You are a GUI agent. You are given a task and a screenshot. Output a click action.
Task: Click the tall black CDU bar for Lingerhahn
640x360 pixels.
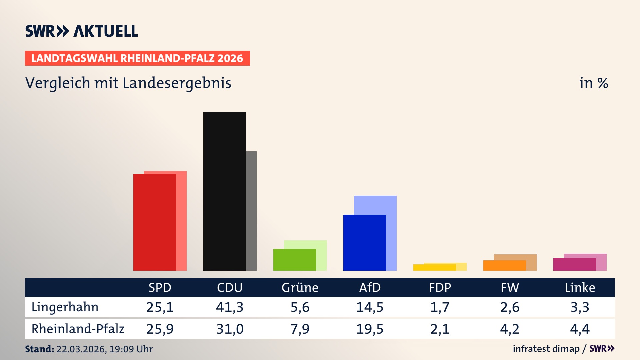(224, 191)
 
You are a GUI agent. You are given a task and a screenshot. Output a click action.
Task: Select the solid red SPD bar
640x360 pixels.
(154, 222)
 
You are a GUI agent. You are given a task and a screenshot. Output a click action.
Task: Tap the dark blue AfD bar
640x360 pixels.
(364, 242)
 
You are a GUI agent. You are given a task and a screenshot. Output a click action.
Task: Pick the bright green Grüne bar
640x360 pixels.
(294, 260)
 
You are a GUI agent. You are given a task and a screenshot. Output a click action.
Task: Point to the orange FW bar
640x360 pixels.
(504, 266)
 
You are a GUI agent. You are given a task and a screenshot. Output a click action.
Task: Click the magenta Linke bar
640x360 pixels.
(574, 264)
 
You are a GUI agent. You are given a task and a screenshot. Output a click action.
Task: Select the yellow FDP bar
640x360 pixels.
(434, 267)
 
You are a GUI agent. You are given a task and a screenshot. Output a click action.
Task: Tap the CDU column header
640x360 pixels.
(230, 287)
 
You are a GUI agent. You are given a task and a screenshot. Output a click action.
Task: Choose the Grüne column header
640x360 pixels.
(300, 287)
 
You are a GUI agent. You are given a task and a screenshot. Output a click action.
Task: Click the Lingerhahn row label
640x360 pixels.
(65, 307)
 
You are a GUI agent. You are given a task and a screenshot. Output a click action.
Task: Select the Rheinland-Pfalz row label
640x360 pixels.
(78, 329)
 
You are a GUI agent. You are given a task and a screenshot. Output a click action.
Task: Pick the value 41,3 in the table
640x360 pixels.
(230, 307)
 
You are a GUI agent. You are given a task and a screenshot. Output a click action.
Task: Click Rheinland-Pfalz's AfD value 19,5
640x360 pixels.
(370, 329)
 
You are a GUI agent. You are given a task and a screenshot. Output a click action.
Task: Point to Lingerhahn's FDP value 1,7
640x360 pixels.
(440, 307)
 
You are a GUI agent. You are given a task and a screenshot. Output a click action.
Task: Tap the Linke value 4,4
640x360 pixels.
(580, 329)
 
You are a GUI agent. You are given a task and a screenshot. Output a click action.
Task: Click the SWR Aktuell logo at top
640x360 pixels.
(82, 31)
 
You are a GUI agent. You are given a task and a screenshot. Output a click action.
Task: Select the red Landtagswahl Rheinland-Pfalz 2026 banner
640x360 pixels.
(137, 58)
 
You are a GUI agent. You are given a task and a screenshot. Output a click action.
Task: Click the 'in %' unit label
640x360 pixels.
(593, 83)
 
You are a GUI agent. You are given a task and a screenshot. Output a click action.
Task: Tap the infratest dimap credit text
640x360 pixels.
(546, 349)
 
